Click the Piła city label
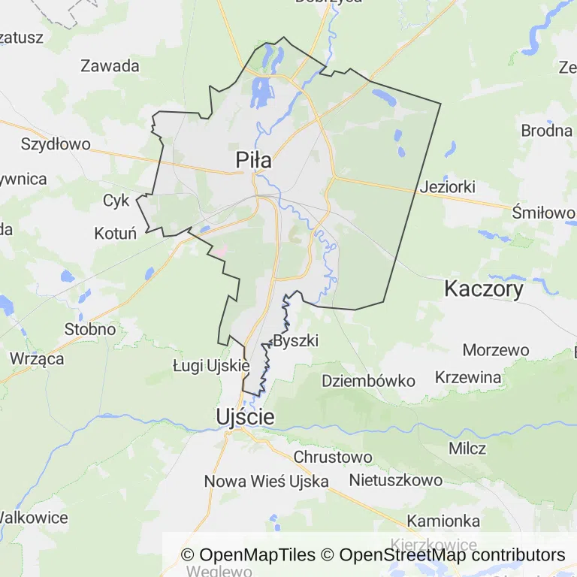pyautogui.click(x=253, y=160)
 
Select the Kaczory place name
pyautogui.click(x=484, y=288)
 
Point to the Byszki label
pyautogui.click(x=296, y=341)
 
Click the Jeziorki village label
pyautogui.click(x=449, y=187)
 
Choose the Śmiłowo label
pyautogui.click(x=542, y=213)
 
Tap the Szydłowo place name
pyautogui.click(x=56, y=143)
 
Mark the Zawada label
pyautogui.click(x=110, y=66)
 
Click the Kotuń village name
pyautogui.click(x=115, y=234)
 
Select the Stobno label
pyautogui.click(x=90, y=329)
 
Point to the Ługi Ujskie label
pyautogui.click(x=210, y=366)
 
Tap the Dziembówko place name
pyautogui.click(x=368, y=381)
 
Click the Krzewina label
pyautogui.click(x=467, y=377)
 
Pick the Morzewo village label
pyautogui.click(x=496, y=350)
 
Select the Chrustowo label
pyautogui.click(x=334, y=457)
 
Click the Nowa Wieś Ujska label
pyautogui.click(x=267, y=481)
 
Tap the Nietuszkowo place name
pyautogui.click(x=395, y=479)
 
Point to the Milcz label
pyautogui.click(x=467, y=449)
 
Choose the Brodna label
pyautogui.click(x=547, y=131)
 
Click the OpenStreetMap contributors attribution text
pyautogui.click(x=452, y=555)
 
